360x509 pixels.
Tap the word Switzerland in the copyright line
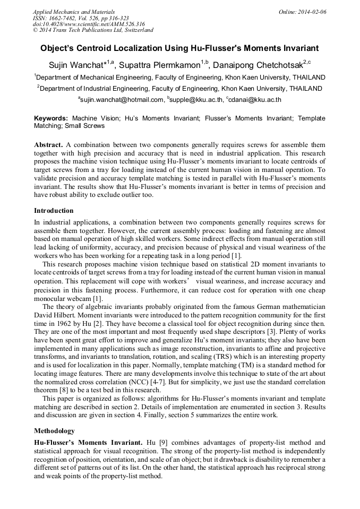[136, 30]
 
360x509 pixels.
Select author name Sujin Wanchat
[78, 65]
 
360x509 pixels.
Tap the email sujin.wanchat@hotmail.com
[122, 99]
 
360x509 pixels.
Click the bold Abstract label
[48, 145]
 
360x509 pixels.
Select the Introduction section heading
[54, 211]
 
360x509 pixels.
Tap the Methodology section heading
[54, 430]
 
